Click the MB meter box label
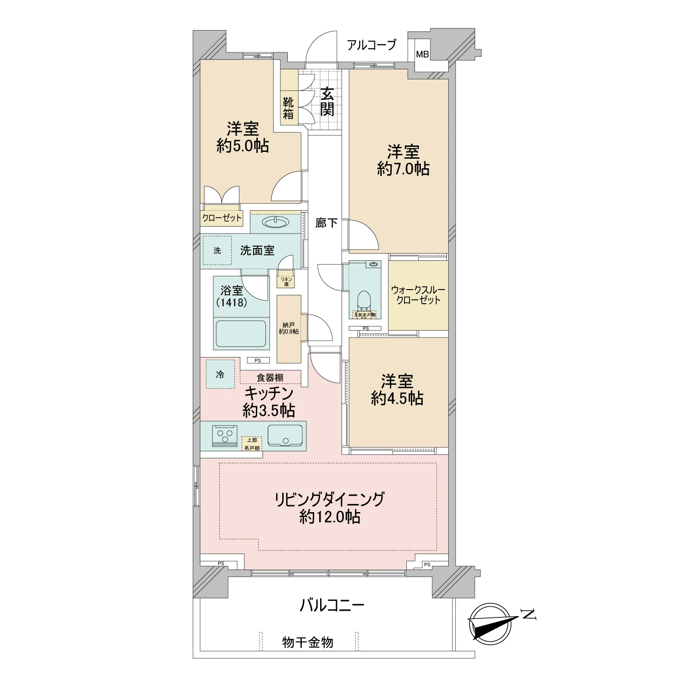pos(422,55)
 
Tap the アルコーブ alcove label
pos(372,45)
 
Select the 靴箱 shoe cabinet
pos(288,108)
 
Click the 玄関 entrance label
pos(326,101)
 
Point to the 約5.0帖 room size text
pos(243,146)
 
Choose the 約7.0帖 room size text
pos(403,169)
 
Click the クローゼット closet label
pos(222,218)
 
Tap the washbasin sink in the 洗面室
pos(275,222)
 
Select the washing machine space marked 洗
pos(217,250)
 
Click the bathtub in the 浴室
pos(240,334)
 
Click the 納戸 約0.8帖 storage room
pos(289,328)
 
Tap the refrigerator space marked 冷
pos(220,375)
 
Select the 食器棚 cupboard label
pos(270,378)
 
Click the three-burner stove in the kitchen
pos(225,435)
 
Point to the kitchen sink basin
pos(285,435)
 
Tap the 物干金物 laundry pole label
pos(308,643)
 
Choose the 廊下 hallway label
pos(326,223)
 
